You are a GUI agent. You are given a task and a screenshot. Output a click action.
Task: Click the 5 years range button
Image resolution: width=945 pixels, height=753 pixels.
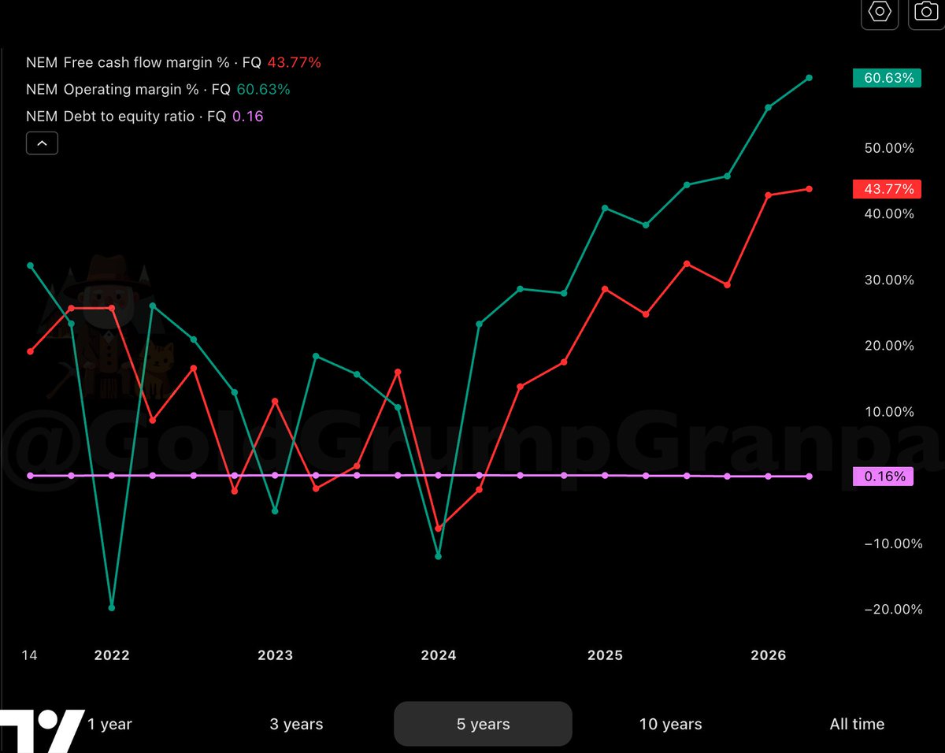(483, 724)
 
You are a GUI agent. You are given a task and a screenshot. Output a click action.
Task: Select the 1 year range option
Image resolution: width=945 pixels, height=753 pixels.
(109, 724)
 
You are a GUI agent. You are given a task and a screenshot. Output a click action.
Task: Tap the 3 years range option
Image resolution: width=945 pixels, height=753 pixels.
(296, 724)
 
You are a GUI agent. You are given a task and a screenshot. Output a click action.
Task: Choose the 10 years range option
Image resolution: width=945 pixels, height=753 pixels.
(670, 724)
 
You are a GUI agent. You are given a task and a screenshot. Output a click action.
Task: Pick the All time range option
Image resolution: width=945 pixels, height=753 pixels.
(857, 724)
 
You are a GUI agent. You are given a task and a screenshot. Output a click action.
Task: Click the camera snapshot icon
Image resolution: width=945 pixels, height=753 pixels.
(926, 12)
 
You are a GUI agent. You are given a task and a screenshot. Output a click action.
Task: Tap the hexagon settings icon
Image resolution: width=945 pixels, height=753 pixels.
(880, 12)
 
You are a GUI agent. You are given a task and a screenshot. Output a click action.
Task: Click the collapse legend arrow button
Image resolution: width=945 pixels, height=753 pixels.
(42, 143)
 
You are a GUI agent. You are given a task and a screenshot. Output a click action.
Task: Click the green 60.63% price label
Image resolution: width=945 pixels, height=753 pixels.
(887, 78)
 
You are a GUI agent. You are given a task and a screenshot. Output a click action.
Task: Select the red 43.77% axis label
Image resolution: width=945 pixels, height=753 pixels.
(887, 189)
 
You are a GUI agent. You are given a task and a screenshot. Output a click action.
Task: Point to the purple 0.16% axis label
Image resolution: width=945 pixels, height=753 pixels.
(883, 477)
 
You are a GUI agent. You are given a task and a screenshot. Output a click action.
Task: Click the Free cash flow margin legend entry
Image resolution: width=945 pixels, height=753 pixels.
(173, 62)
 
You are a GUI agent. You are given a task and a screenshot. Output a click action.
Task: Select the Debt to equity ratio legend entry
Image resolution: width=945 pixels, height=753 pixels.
(144, 117)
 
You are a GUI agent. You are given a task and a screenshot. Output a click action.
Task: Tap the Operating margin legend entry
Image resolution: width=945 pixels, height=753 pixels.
(158, 90)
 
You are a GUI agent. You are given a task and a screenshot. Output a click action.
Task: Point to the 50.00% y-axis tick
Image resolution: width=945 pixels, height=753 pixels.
(889, 148)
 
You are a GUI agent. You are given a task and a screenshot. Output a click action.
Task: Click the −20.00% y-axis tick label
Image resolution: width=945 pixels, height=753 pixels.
(893, 610)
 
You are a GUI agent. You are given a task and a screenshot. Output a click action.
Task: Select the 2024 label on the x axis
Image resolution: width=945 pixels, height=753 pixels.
(439, 655)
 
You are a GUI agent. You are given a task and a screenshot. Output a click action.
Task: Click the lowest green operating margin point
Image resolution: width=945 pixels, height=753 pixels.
(112, 608)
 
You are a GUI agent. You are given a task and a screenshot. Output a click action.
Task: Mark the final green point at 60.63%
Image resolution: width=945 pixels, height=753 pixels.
(810, 78)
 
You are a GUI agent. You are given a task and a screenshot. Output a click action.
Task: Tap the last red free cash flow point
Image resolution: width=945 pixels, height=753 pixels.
(810, 189)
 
